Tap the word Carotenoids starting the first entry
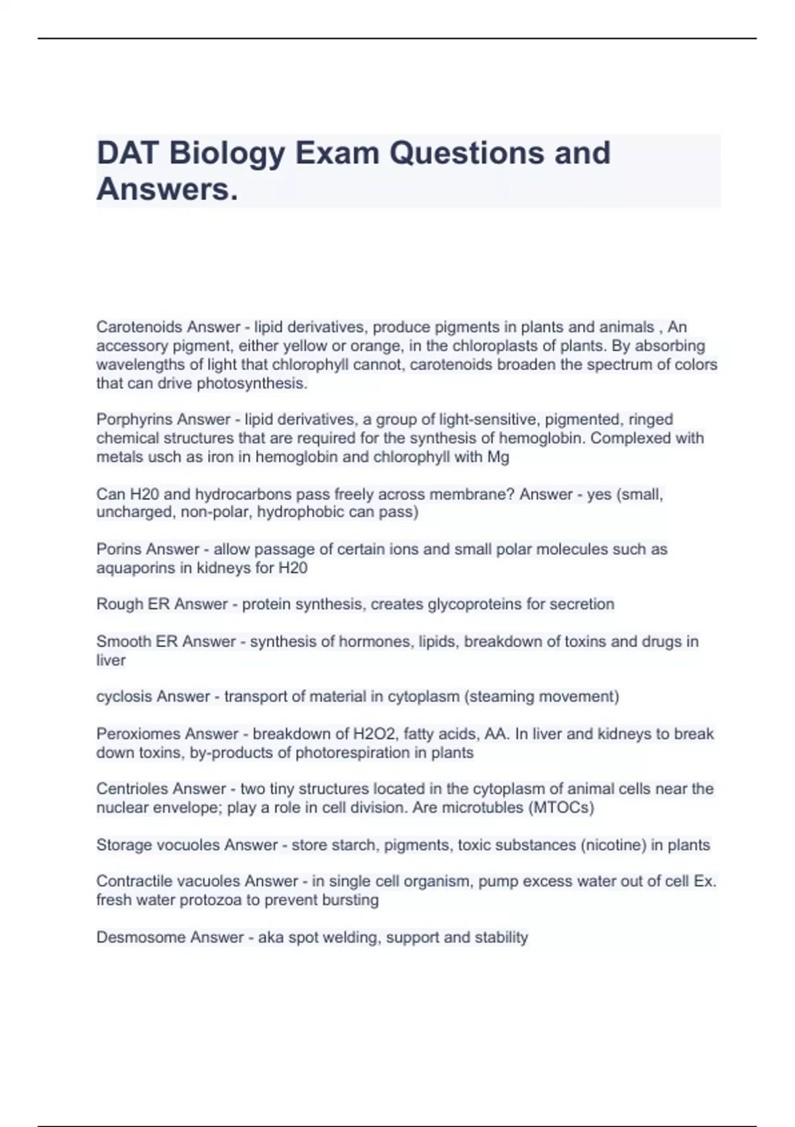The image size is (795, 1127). pyautogui.click(x=138, y=327)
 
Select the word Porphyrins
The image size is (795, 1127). pyautogui.click(x=134, y=419)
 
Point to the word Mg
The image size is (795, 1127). pyautogui.click(x=498, y=457)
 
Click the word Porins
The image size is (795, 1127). pyautogui.click(x=120, y=549)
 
